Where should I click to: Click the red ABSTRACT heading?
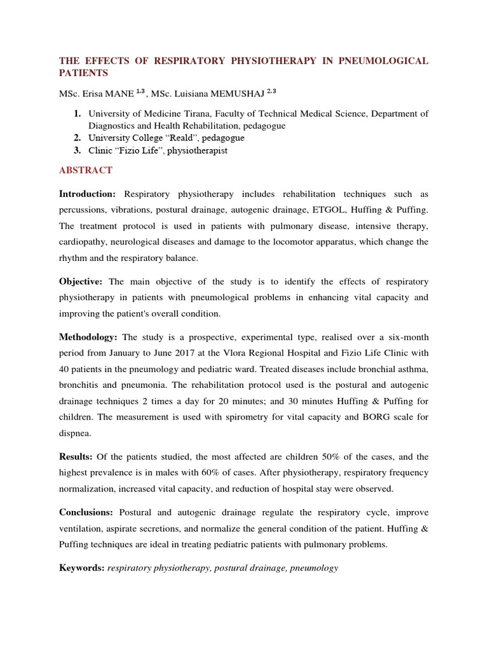(x=86, y=170)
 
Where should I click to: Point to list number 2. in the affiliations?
(x=76, y=138)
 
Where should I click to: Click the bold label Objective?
(x=82, y=281)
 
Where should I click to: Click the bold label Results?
(x=76, y=456)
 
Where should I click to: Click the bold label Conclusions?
(x=86, y=512)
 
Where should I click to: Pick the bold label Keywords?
(x=82, y=568)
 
